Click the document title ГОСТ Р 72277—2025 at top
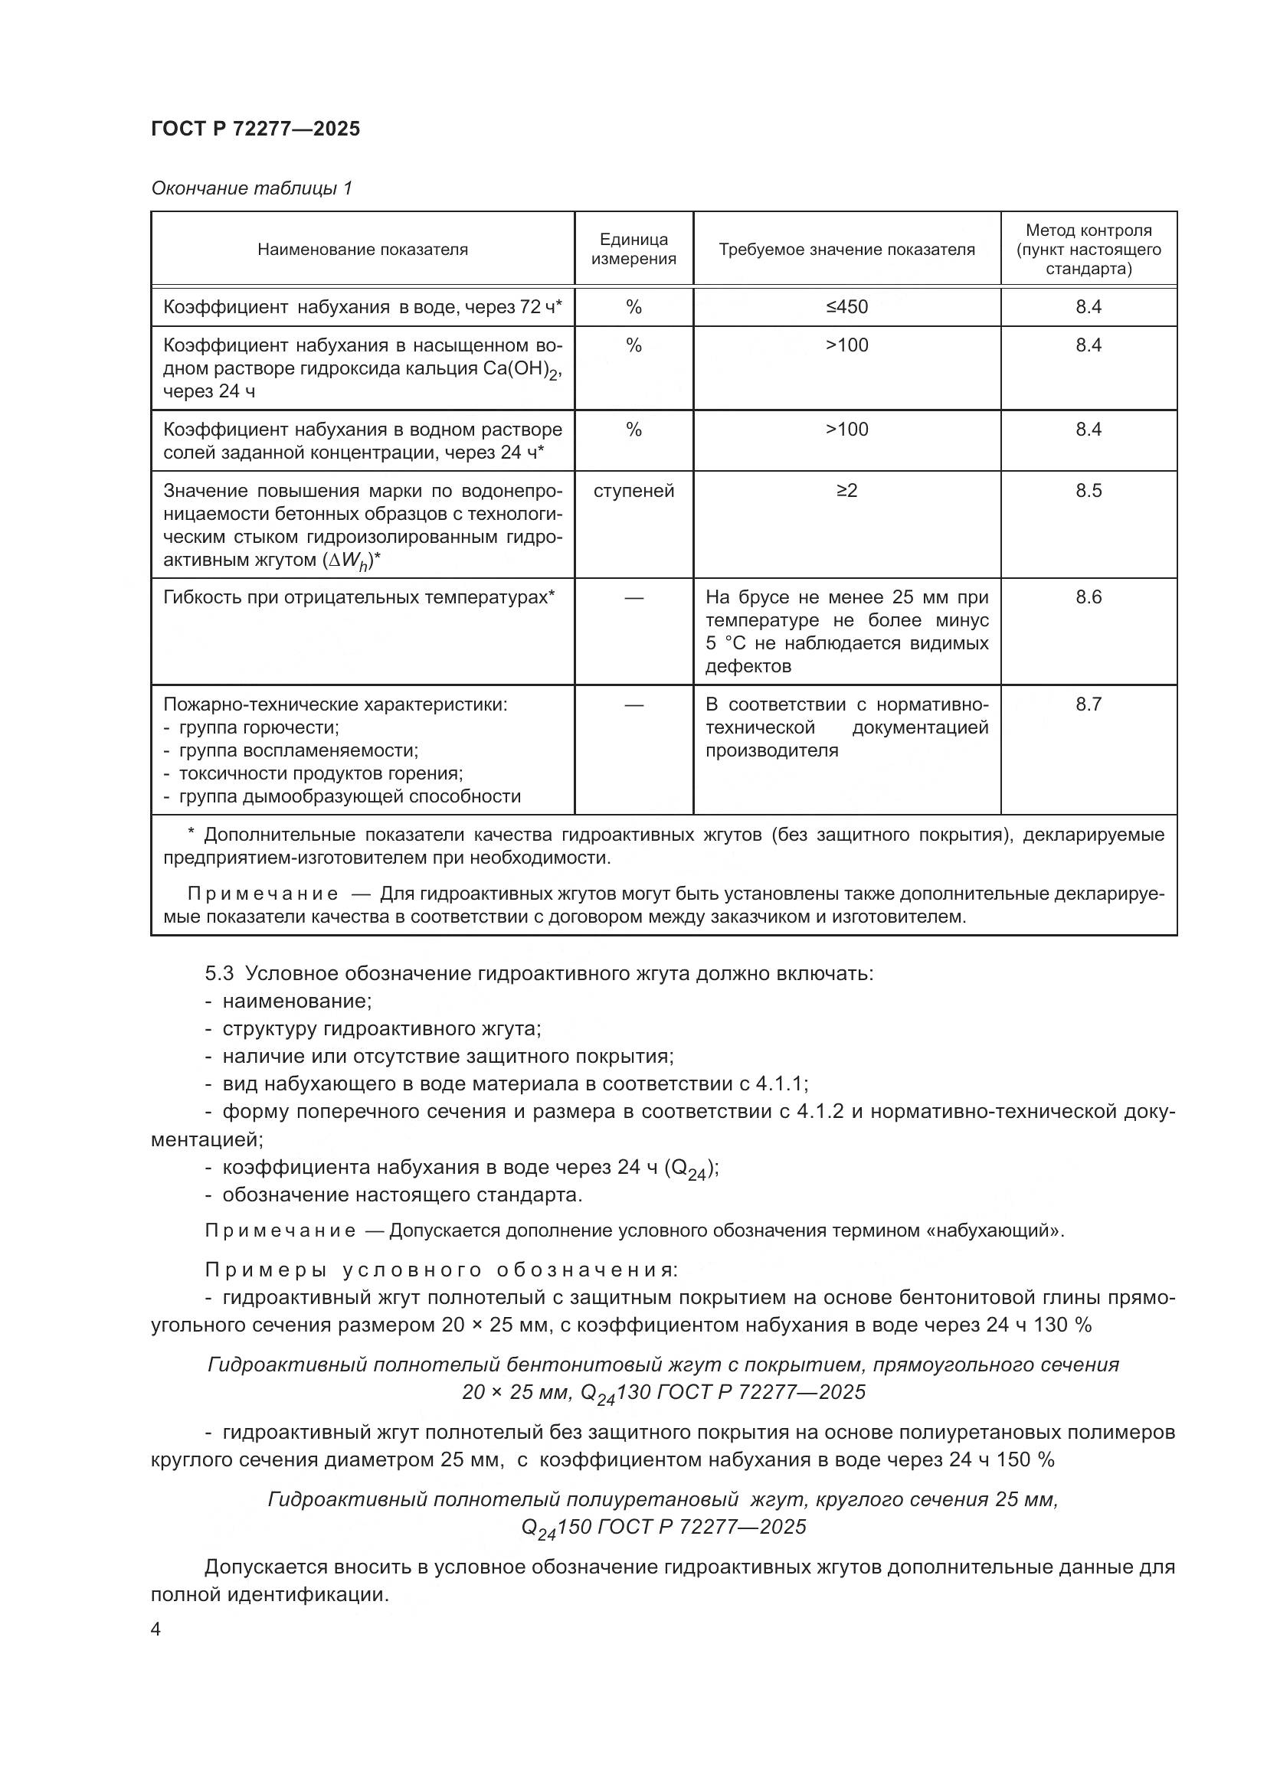tap(255, 129)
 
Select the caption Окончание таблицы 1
tap(251, 188)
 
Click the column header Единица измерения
tap(633, 249)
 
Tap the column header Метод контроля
tap(1088, 249)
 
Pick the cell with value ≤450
tap(846, 306)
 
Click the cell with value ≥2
tap(846, 491)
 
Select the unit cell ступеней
tap(633, 491)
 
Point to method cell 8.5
tap(1088, 491)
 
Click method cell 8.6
tap(1088, 597)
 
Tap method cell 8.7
tap(1088, 704)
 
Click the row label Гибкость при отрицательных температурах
tap(358, 597)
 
